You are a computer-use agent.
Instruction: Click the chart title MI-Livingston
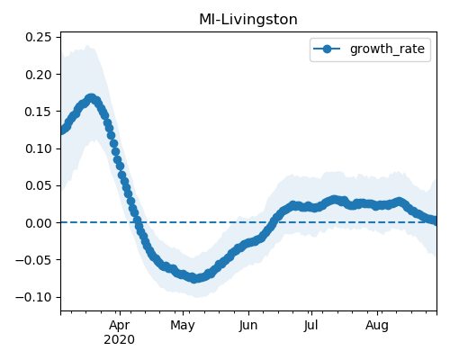click(x=248, y=20)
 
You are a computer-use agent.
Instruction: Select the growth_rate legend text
click(x=387, y=49)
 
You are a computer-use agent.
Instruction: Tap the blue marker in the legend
click(x=327, y=49)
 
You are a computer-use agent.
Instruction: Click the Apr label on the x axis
click(x=120, y=326)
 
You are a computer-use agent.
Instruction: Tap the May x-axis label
click(x=183, y=326)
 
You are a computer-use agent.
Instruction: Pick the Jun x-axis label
click(x=248, y=326)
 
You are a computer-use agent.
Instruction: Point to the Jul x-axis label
click(x=311, y=326)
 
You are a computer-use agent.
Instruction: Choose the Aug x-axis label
click(x=377, y=326)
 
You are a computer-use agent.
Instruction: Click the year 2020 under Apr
click(x=120, y=340)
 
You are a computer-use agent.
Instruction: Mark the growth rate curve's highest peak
click(x=91, y=98)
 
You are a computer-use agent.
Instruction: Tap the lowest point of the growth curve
click(x=194, y=278)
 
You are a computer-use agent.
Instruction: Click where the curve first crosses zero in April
click(x=138, y=222)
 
